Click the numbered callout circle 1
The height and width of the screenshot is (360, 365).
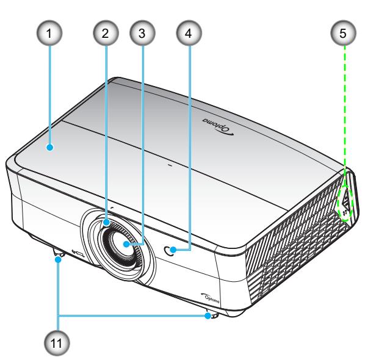pyautogui.click(x=49, y=33)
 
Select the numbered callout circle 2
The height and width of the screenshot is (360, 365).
pyautogui.click(x=106, y=33)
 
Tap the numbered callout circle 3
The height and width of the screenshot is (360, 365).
pyautogui.click(x=142, y=33)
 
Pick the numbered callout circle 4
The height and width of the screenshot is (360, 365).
pyautogui.click(x=189, y=33)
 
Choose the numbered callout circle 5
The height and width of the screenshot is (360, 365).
pyautogui.click(x=343, y=33)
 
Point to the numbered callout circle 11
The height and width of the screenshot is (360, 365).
pyautogui.click(x=57, y=343)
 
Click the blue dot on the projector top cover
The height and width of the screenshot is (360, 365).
pyautogui.click(x=50, y=147)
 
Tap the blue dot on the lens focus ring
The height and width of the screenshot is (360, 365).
pyautogui.click(x=107, y=222)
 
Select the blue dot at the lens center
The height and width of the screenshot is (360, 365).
pyautogui.click(x=126, y=244)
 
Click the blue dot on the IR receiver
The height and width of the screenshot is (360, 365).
pyautogui.click(x=173, y=250)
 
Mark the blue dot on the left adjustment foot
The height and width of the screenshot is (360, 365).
pyautogui.click(x=58, y=259)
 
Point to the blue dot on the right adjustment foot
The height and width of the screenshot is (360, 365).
pyautogui.click(x=208, y=316)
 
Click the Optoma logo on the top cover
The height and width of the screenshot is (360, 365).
pyautogui.click(x=218, y=127)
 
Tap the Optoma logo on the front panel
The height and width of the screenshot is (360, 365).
pyautogui.click(x=210, y=298)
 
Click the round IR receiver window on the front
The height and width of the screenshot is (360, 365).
pyautogui.click(x=169, y=250)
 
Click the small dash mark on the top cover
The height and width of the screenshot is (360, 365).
pyautogui.click(x=170, y=166)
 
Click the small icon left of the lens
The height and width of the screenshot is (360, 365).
pyautogui.click(x=78, y=253)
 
